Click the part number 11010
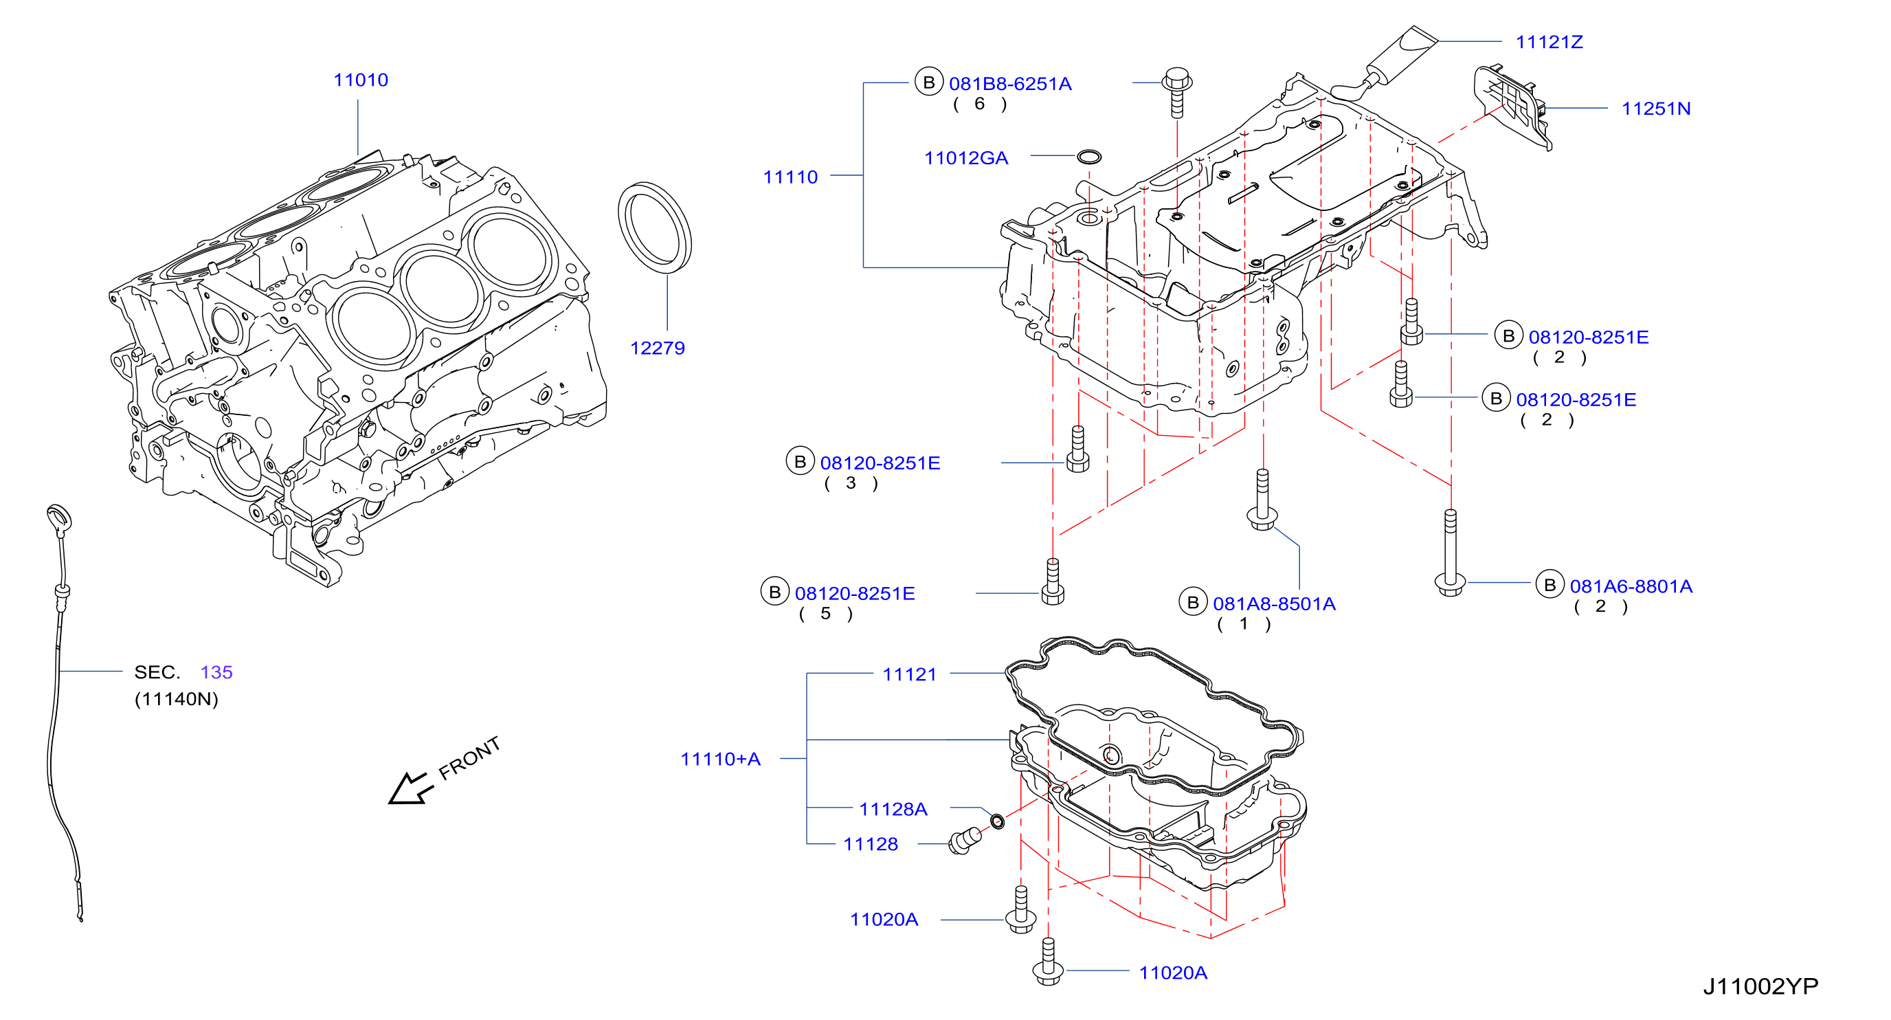pos(361,80)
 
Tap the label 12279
pos(657,348)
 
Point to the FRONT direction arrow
pos(410,788)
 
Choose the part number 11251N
pos(1655,109)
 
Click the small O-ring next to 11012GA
pos(1088,157)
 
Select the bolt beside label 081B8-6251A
pos(1177,93)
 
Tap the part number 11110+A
pos(720,759)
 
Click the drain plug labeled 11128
pos(965,841)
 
